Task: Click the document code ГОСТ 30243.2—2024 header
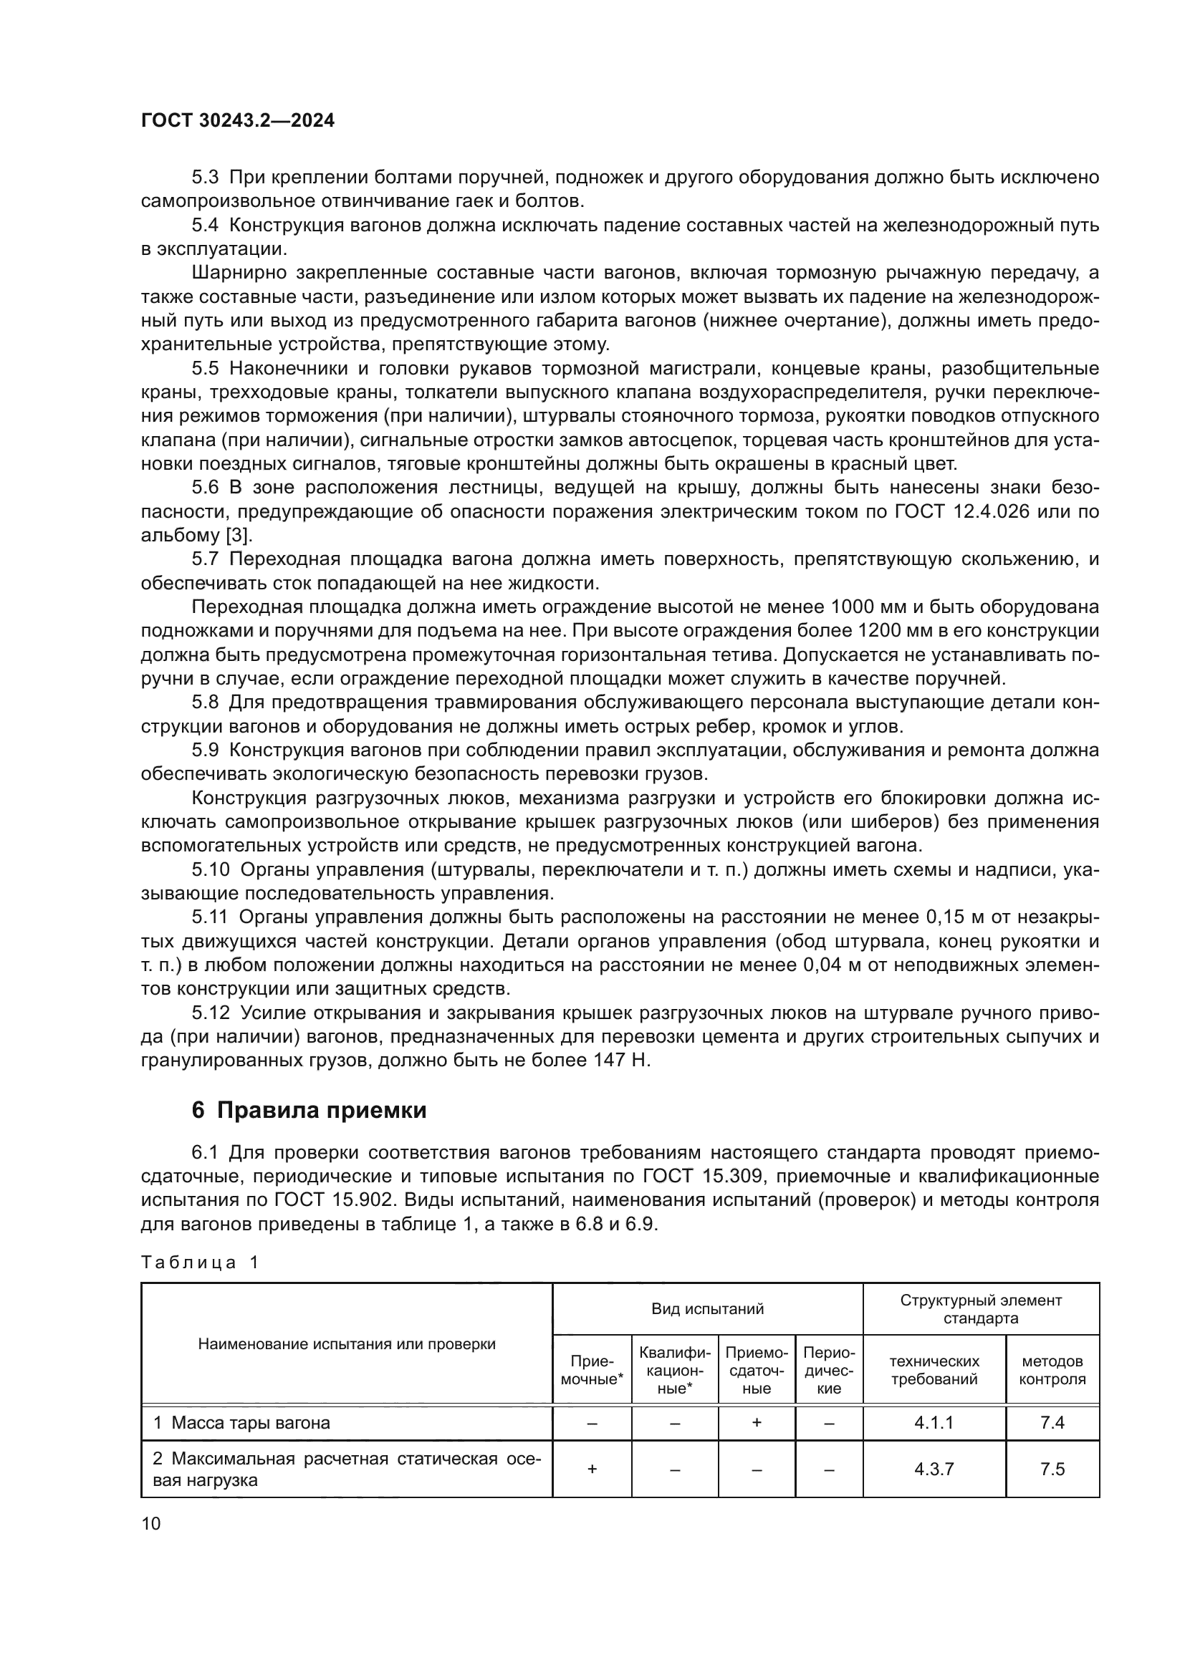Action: point(238,121)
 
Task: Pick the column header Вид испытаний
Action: point(707,1309)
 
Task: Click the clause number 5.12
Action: point(211,1013)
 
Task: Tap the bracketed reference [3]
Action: point(237,536)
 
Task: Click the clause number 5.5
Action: point(206,368)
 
